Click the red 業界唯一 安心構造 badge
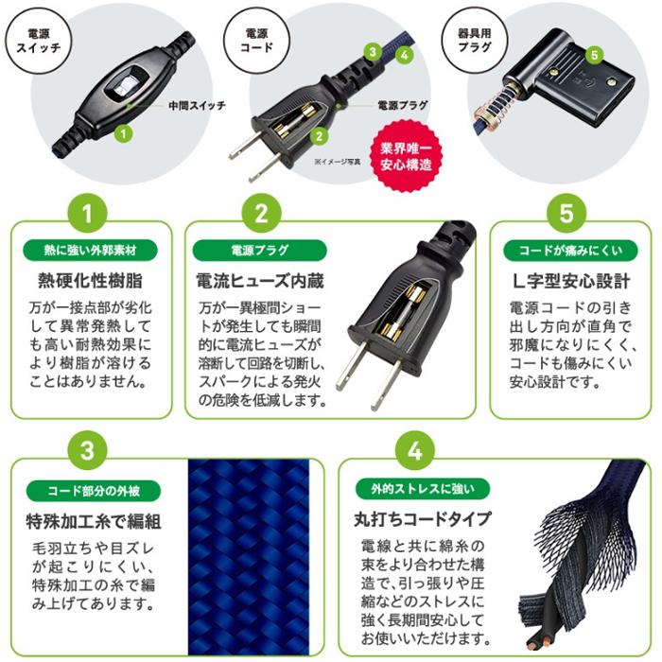(406, 156)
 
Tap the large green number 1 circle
(87, 213)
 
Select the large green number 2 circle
(261, 213)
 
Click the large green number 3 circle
(87, 450)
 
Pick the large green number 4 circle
(414, 450)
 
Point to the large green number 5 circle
(566, 213)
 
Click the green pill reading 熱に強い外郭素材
(90, 251)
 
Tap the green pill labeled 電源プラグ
(260, 251)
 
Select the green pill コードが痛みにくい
(570, 251)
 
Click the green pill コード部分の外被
(94, 491)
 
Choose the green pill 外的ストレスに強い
(422, 489)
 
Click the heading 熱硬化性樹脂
(91, 281)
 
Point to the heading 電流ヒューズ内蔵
(260, 281)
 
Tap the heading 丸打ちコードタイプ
(422, 519)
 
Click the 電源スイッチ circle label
(39, 41)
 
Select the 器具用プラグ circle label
(474, 41)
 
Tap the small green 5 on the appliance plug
(595, 55)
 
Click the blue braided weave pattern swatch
(248, 557)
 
